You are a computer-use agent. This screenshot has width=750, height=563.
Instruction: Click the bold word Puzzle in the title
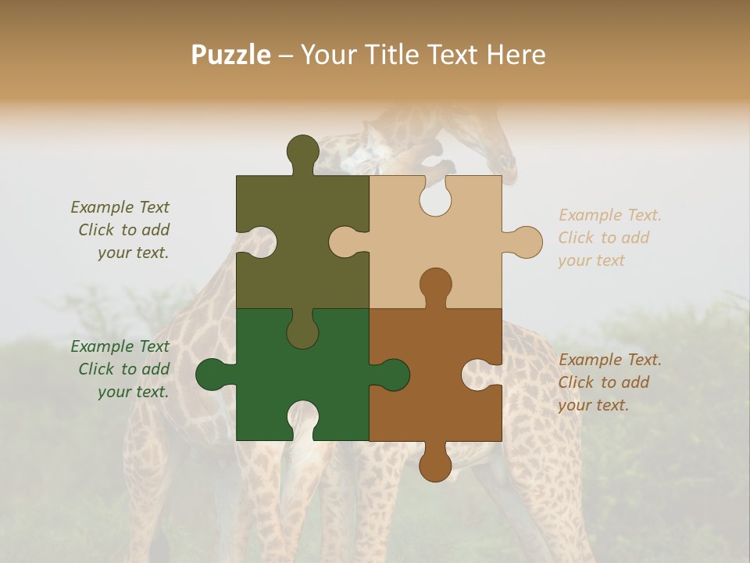tap(231, 55)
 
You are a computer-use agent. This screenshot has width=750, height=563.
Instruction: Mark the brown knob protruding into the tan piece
tap(435, 285)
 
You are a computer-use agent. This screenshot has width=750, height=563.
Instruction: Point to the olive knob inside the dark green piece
tap(302, 330)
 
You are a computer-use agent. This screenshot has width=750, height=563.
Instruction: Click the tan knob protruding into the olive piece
tap(346, 242)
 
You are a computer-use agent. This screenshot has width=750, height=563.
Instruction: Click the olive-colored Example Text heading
tap(120, 207)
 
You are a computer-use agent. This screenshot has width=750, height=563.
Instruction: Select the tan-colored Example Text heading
tap(610, 215)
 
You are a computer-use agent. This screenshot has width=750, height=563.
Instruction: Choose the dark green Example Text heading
tap(120, 346)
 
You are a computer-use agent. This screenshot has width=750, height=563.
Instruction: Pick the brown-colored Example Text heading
tap(610, 360)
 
